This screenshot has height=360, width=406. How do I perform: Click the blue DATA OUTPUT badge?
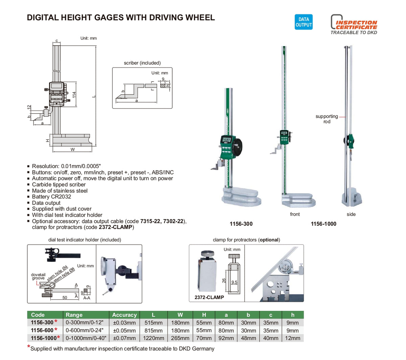point(303,22)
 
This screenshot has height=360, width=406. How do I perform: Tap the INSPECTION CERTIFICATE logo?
point(354,24)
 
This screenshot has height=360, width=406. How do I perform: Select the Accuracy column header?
point(124,315)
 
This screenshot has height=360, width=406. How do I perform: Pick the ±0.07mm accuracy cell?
point(124,338)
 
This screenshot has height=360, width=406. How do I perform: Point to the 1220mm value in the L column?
point(153,338)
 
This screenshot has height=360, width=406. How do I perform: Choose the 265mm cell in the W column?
point(180,338)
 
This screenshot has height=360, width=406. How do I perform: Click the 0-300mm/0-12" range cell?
point(85,323)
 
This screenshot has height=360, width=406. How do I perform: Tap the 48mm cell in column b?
point(248,338)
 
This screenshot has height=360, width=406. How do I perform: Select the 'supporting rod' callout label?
point(326,119)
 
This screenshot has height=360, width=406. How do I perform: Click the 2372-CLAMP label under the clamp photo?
point(209,297)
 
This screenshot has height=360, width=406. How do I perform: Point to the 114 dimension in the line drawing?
point(74,95)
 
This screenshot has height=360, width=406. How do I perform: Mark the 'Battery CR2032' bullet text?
point(51,197)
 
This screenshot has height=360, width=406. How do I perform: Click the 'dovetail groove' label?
point(38,276)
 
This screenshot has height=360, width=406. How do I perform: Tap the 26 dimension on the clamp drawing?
point(224,280)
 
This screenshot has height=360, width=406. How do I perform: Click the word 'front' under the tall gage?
point(295,214)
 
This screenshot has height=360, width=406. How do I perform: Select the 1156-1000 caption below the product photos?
point(323,224)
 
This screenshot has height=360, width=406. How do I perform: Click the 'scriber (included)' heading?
point(142,63)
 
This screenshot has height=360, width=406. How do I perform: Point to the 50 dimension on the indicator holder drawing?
point(65,298)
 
